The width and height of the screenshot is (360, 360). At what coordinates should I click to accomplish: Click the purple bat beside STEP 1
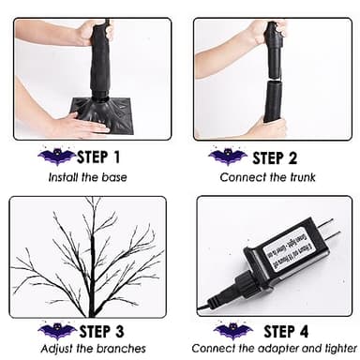pos(58,157)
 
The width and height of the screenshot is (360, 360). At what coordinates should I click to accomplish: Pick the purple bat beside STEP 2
pos(228,157)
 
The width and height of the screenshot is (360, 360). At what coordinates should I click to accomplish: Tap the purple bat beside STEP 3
pos(58,331)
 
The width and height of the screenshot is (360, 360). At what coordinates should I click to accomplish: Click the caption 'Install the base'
pos(90,175)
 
